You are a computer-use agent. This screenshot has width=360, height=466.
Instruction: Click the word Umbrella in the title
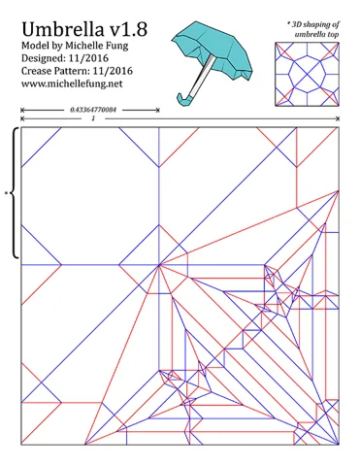63,29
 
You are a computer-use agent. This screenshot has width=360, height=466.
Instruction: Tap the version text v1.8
128,29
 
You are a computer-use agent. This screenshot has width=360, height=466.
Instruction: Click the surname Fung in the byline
117,46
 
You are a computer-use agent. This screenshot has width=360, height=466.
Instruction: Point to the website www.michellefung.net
72,83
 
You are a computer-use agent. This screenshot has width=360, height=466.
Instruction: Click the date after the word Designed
88,58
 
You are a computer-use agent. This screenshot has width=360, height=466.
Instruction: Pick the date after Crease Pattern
113,71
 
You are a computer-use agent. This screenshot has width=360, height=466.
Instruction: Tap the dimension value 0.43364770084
93,110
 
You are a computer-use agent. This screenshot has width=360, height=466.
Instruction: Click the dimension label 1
93,118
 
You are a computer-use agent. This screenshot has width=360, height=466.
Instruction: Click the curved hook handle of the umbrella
184,100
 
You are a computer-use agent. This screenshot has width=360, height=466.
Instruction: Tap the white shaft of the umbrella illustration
202,76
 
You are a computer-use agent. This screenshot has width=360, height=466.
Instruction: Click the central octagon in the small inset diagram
307,74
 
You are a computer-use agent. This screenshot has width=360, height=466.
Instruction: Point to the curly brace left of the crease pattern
14,193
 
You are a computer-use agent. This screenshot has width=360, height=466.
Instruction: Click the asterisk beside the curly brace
6,193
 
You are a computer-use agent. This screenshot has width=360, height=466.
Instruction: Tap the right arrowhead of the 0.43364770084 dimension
158,110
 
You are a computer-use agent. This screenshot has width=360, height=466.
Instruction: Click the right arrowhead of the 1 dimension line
338,118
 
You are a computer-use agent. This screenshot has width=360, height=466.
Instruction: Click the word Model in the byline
34,46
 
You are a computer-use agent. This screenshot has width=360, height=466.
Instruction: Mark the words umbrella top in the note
316,34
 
